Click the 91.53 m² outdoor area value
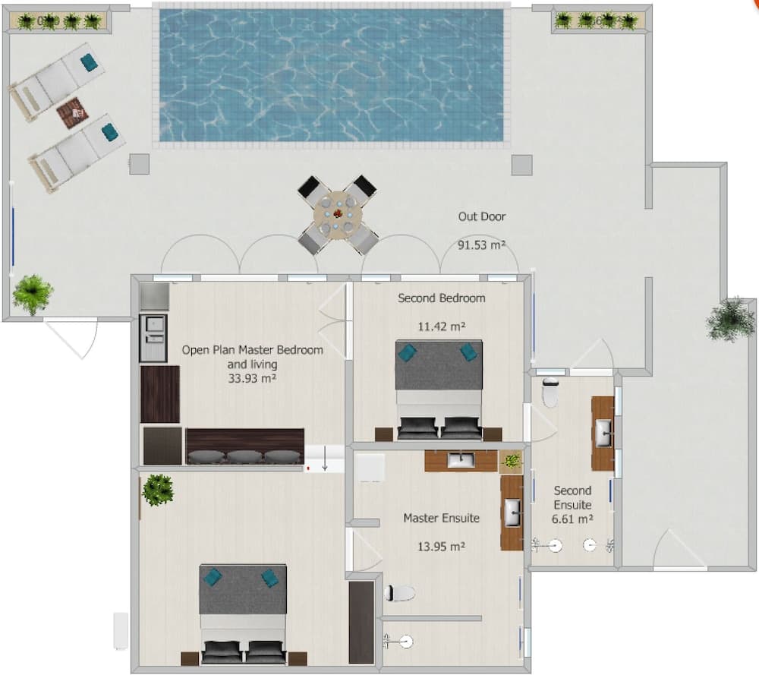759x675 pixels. pos(482,245)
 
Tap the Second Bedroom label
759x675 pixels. pos(441,298)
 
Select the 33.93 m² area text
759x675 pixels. pos(252,377)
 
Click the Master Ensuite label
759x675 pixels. pos(441,518)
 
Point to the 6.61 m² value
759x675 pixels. pos(572,519)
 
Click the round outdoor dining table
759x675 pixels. pos(338,214)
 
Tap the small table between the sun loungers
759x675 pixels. pos(72,114)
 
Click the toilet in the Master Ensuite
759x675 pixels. pos(399,593)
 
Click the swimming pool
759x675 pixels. pos(331,74)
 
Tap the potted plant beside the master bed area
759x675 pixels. pos(158,490)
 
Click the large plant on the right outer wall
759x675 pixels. pos(730,320)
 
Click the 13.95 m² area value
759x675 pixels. pos(441,545)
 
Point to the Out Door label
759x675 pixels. pos(481,216)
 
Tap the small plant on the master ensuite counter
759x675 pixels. pos(512,460)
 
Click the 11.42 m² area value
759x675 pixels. pos(441,327)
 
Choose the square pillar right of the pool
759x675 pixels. pos(521,165)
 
